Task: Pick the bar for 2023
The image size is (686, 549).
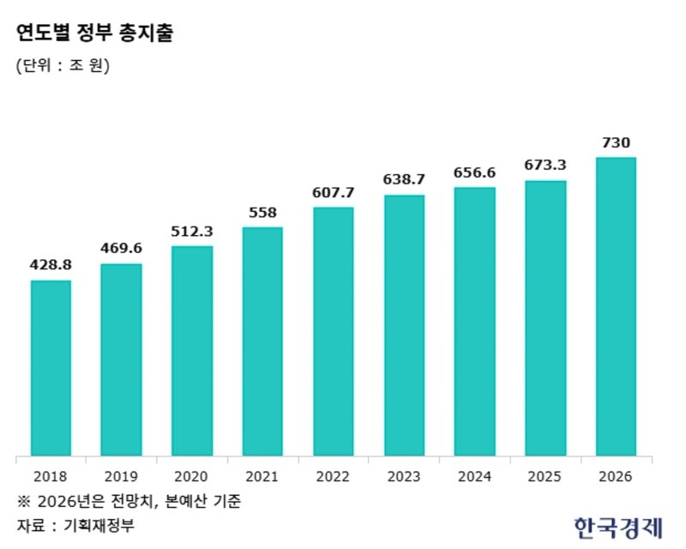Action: pyautogui.click(x=404, y=325)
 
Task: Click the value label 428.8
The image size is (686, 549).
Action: pyautogui.click(x=51, y=265)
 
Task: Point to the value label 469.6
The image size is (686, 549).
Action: pyautogui.click(x=121, y=249)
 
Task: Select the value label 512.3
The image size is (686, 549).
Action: pyautogui.click(x=192, y=231)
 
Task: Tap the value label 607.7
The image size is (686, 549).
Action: pyautogui.click(x=334, y=191)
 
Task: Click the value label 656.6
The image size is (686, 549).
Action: pyautogui.click(x=474, y=172)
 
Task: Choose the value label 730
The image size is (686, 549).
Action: pyautogui.click(x=616, y=142)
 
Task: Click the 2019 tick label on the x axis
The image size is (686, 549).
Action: pyautogui.click(x=121, y=476)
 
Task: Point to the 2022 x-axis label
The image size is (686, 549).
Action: pyautogui.click(x=334, y=476)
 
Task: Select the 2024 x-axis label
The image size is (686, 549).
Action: pyautogui.click(x=474, y=476)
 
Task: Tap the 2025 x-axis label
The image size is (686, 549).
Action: pyautogui.click(x=545, y=476)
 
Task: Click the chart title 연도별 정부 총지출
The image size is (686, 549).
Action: pyautogui.click(x=94, y=33)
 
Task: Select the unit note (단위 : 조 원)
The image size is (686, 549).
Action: pyautogui.click(x=63, y=65)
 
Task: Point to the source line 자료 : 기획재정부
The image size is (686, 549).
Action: pyautogui.click(x=75, y=524)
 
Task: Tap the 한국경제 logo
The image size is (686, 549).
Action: pyautogui.click(x=617, y=525)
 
